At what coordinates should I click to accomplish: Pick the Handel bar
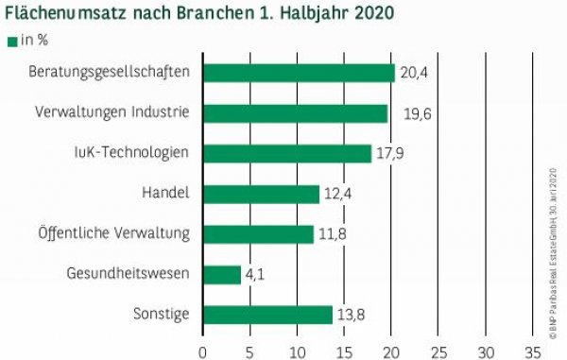[x=261, y=194]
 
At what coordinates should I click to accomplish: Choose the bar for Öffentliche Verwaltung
[x=258, y=233]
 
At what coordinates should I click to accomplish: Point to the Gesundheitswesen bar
[x=222, y=274]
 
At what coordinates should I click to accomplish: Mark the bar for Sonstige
[x=267, y=315]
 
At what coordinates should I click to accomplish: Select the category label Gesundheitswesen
[x=129, y=274]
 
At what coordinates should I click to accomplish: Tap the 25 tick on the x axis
[x=438, y=351]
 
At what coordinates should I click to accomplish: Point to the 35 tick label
[x=532, y=351]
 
